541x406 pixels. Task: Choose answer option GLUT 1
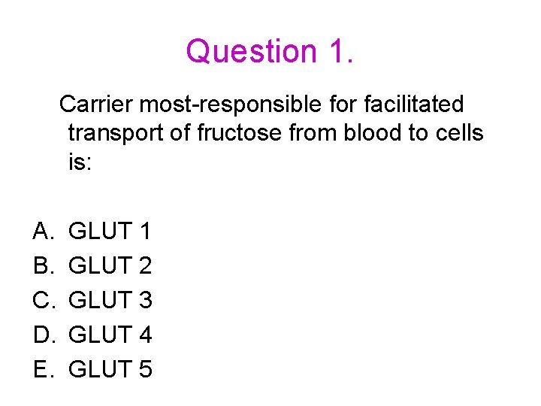[110, 231]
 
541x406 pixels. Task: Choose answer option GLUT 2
[110, 265]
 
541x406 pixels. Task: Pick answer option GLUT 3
[110, 300]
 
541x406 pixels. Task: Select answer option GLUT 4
[110, 335]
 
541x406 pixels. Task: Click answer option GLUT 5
[110, 369]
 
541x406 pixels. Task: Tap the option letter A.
[41, 231]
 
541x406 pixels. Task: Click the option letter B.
[41, 265]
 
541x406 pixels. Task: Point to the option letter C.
[41, 300]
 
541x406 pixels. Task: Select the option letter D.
[41, 335]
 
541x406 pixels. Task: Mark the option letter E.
[41, 369]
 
